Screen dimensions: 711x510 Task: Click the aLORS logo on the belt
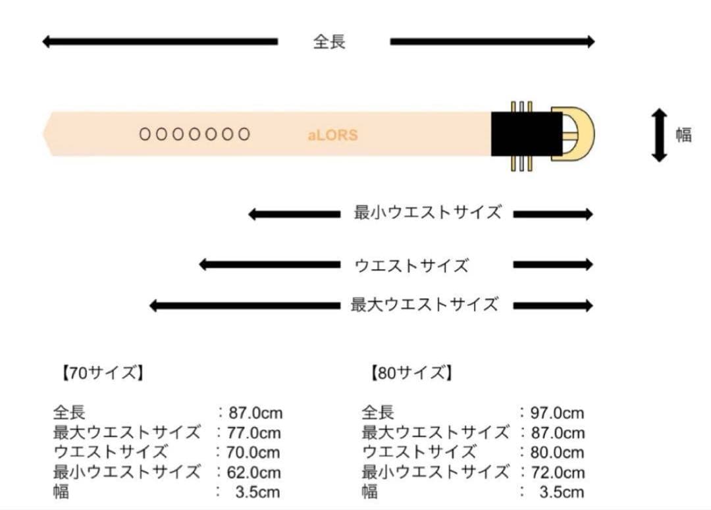[x=333, y=135]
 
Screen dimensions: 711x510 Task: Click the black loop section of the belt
[x=527, y=134]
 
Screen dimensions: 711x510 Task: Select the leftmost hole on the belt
[x=145, y=134]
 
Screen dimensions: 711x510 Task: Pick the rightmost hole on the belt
[x=244, y=134]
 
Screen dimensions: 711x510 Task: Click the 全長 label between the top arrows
[x=330, y=41]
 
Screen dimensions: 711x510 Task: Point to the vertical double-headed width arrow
[x=659, y=135]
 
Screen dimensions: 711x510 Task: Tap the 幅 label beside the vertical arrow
[x=684, y=135]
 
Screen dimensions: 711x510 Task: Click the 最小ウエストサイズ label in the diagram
[x=428, y=212]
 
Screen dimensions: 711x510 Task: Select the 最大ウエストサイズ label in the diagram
[x=425, y=304]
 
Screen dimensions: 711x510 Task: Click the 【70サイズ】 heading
[x=103, y=373]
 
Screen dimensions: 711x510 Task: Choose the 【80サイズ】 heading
[x=411, y=373]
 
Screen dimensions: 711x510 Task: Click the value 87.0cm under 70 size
[x=255, y=413]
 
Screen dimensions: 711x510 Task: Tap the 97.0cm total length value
[x=558, y=413]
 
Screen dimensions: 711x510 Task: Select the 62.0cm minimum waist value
[x=254, y=473]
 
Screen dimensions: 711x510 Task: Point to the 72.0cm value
[x=558, y=473]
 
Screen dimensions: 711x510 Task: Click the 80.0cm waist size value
[x=558, y=453]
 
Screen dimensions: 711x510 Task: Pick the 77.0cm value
[x=254, y=433]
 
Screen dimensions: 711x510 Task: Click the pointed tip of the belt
[x=43, y=134]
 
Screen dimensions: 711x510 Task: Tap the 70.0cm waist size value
[x=253, y=453]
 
